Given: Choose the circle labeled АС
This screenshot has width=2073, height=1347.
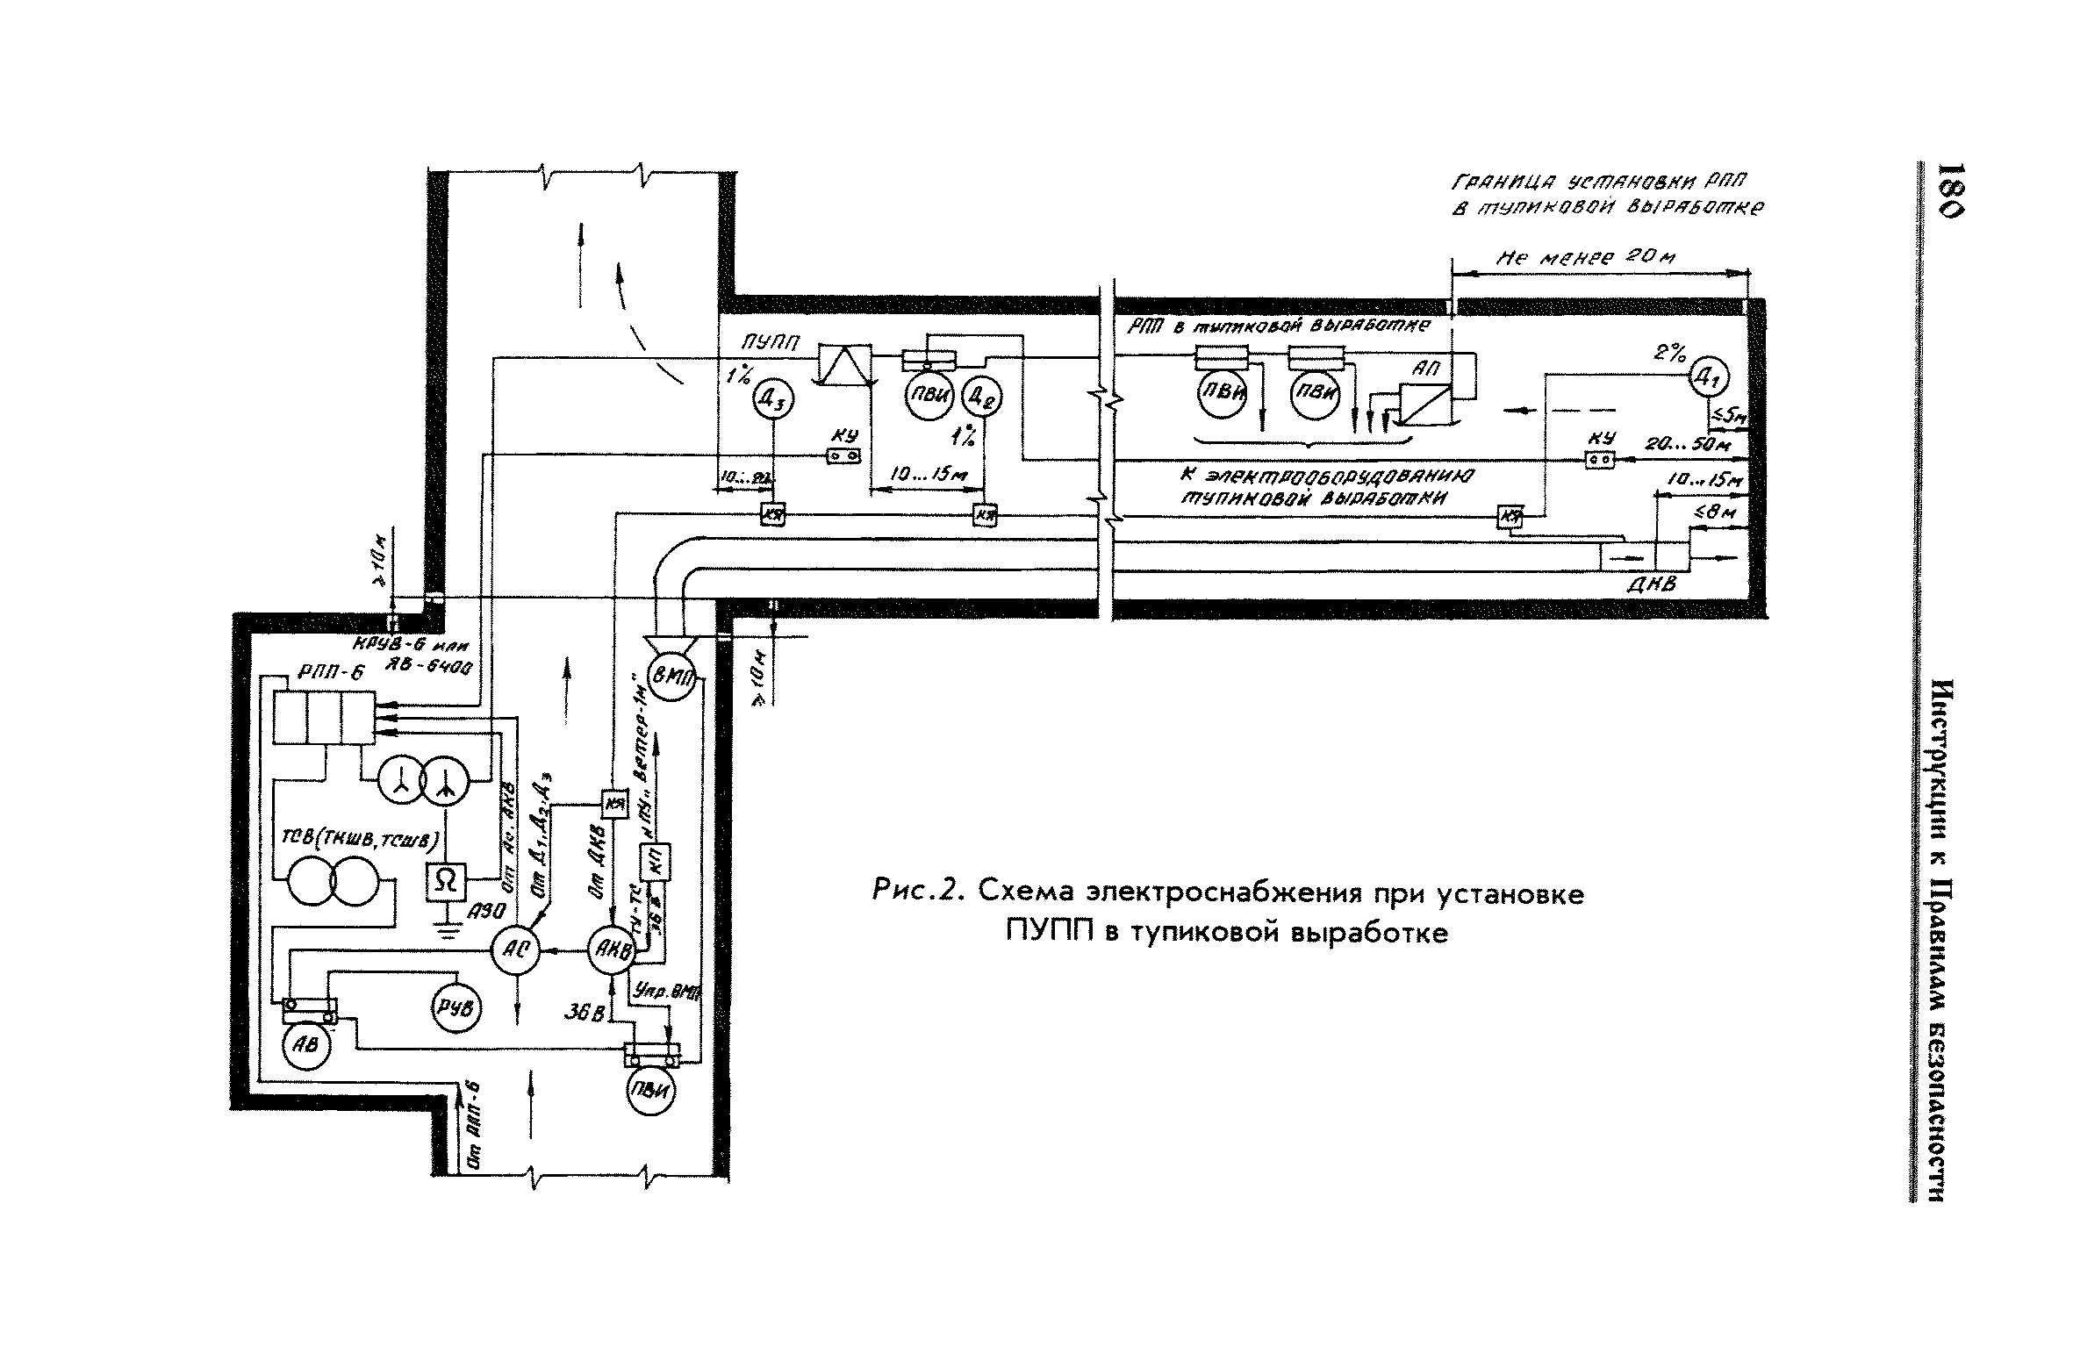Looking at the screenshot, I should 513,950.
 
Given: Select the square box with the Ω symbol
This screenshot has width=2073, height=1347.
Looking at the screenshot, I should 447,882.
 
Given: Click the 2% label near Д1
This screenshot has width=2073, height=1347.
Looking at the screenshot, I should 1668,353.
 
